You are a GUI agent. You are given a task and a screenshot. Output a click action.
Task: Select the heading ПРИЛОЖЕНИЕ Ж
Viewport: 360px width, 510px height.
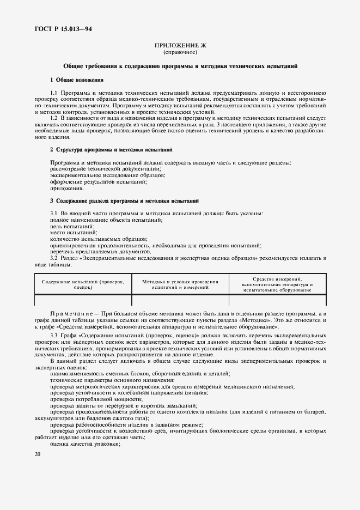coord(180,47)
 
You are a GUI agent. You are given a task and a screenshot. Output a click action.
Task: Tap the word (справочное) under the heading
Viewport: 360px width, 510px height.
coord(180,53)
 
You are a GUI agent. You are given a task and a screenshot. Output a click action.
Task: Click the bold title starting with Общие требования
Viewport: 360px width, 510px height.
coord(180,66)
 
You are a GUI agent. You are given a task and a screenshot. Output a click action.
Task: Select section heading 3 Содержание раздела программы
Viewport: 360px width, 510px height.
coord(125,201)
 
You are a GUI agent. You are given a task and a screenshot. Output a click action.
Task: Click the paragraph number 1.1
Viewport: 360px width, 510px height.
coord(54,93)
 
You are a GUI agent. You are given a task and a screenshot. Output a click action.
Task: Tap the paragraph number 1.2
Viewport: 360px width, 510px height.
coord(54,118)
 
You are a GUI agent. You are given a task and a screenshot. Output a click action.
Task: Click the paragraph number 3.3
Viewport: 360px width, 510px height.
coord(54,334)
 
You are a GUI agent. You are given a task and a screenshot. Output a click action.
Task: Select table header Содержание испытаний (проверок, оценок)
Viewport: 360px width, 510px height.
coord(83,284)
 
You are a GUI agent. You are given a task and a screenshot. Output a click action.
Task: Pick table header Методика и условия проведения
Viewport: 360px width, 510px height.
coord(180,284)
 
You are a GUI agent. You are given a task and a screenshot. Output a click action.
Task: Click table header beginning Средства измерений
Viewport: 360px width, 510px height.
coord(277,284)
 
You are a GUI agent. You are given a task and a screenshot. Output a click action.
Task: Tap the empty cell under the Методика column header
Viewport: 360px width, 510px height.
coord(180,300)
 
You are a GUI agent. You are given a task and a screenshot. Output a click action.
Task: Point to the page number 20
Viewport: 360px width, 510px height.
coord(38,453)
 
